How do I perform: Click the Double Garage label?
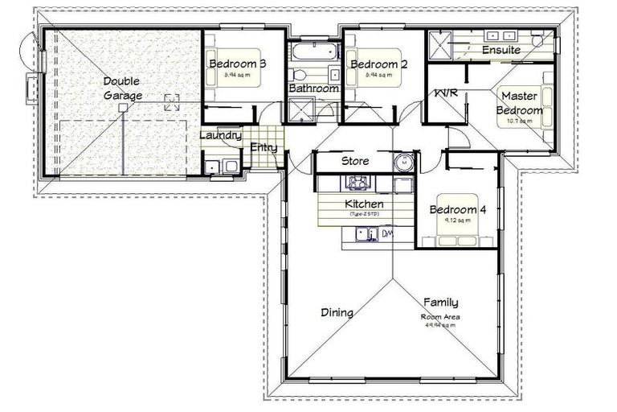[122, 89]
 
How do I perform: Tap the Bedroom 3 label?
[237, 64]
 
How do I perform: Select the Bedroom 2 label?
[374, 64]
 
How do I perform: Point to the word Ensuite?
[501, 50]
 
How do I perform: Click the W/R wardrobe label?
[446, 93]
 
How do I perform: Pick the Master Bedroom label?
[520, 103]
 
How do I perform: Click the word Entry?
[264, 147]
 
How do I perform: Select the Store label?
[355, 161]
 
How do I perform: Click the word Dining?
[337, 312]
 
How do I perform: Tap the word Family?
[441, 303]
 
